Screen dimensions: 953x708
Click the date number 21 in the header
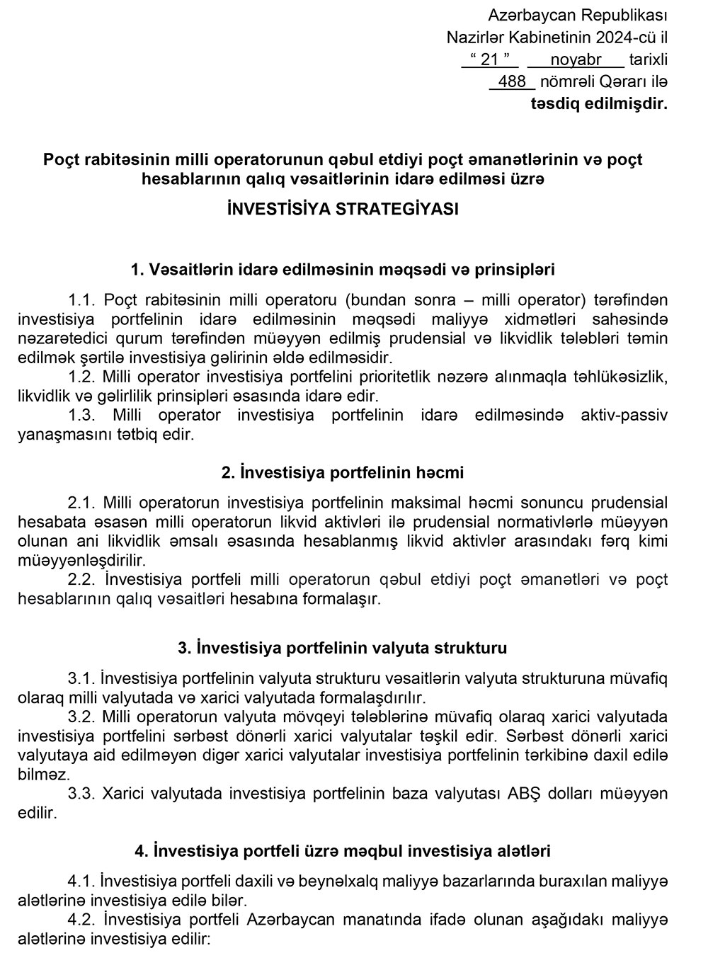pos(490,59)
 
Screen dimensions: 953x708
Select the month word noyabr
pos(576,59)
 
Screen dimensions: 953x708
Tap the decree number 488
pos(512,81)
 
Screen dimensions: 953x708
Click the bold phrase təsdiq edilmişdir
pos(599,104)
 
